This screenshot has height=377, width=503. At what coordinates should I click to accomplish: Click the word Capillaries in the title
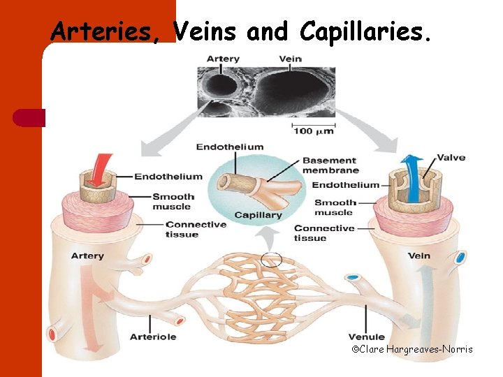click(x=363, y=31)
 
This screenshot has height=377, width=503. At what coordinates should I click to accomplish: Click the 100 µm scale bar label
click(x=313, y=131)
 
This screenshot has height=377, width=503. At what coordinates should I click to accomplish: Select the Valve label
click(x=451, y=158)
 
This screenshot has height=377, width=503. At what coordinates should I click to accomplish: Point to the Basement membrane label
click(x=330, y=165)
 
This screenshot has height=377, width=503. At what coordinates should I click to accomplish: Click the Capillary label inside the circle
click(x=258, y=215)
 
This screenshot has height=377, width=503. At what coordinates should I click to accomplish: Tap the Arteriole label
click(x=153, y=337)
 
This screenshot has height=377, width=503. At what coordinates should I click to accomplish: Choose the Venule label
click(x=367, y=337)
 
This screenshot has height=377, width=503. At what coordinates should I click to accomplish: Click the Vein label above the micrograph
click(x=290, y=59)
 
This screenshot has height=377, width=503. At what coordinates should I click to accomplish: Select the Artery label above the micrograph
click(x=223, y=59)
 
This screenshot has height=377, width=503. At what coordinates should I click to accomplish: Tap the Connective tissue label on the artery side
click(x=196, y=230)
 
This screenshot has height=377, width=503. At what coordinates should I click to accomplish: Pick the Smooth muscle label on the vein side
click(x=333, y=207)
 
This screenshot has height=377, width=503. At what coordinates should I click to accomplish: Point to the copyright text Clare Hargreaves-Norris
click(x=411, y=348)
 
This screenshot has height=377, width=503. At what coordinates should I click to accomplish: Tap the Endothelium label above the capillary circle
click(x=230, y=147)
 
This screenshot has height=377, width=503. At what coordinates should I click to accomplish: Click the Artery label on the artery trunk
click(x=87, y=256)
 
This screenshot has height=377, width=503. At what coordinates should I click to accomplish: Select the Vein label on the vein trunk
click(x=420, y=256)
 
